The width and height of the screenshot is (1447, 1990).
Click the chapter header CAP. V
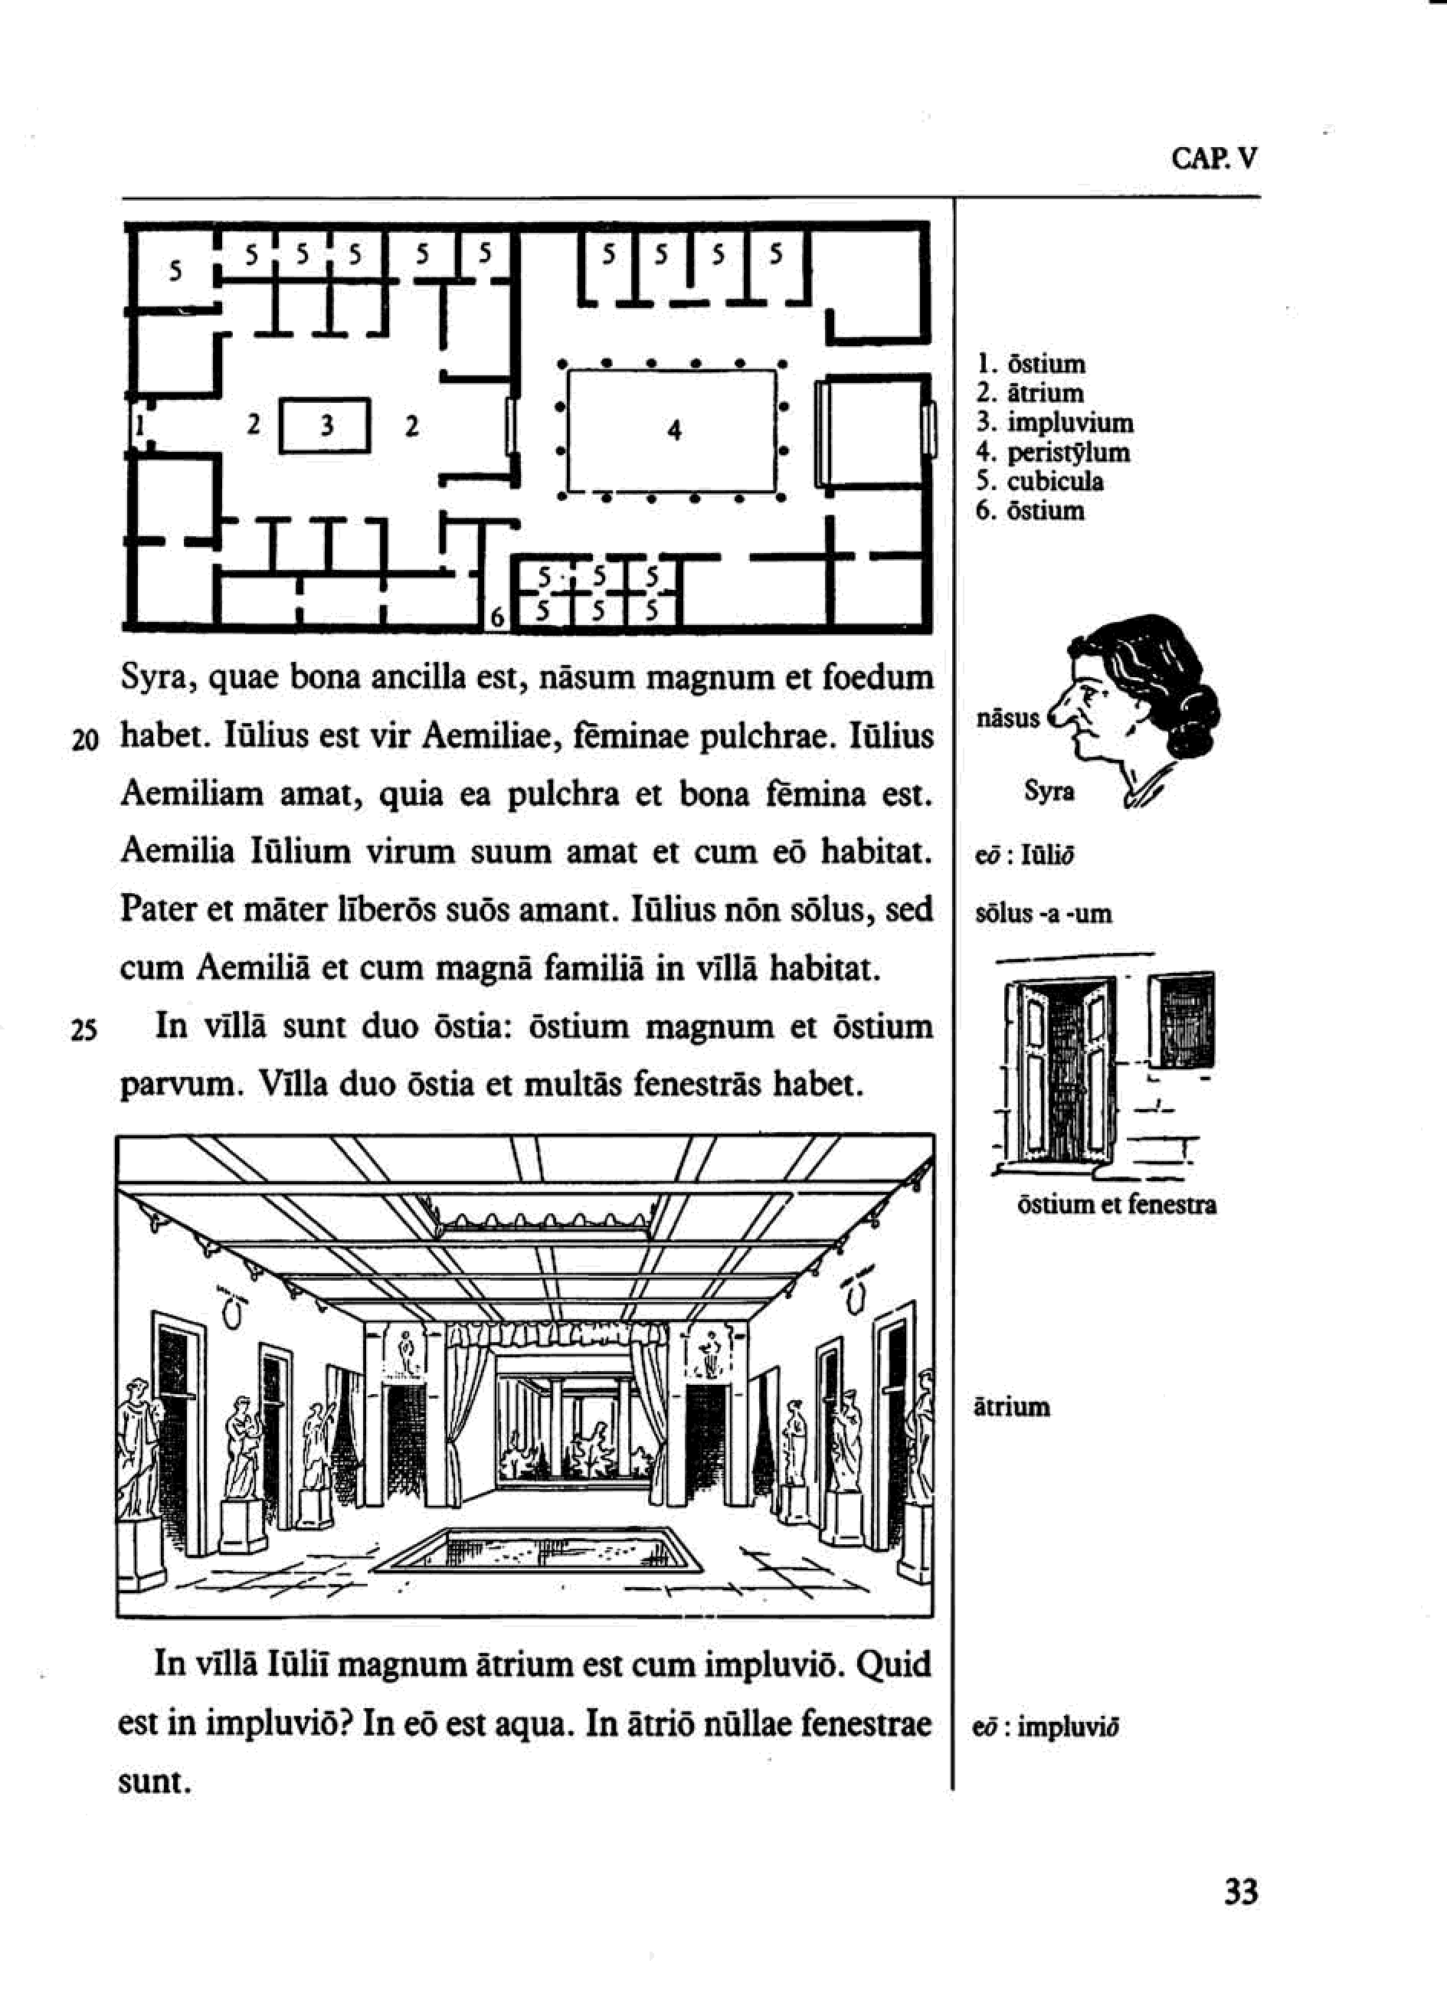(x=1213, y=159)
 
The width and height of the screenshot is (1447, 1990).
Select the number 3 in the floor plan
(x=326, y=427)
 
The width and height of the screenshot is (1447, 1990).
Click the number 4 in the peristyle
(x=674, y=430)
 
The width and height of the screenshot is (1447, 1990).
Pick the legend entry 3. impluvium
(x=1055, y=423)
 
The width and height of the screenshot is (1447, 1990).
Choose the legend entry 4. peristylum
(x=1053, y=453)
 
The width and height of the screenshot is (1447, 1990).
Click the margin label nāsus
(x=1007, y=718)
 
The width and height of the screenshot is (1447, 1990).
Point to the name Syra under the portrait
(x=1049, y=791)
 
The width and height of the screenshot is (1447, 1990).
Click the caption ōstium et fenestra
(x=1116, y=1205)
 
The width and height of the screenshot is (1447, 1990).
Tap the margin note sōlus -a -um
(x=1043, y=915)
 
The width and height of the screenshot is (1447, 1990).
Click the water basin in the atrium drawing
(x=541, y=1551)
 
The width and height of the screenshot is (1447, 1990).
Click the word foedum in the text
(x=880, y=677)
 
